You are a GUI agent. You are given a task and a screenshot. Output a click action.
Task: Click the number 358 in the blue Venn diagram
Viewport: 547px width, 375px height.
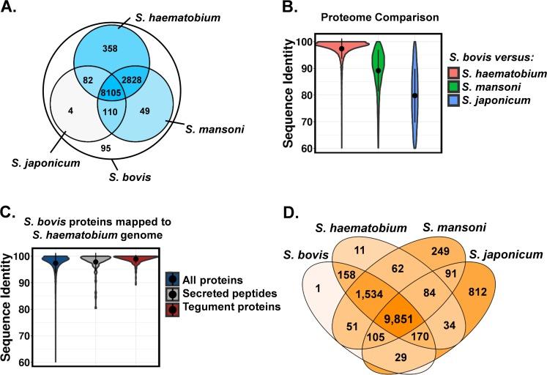pos(110,48)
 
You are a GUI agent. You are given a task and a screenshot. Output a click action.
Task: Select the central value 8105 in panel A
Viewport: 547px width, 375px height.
pos(111,93)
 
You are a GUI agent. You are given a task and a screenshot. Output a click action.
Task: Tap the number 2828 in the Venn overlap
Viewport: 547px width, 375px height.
pos(132,80)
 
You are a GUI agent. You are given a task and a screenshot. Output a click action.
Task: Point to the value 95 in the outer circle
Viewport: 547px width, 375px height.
pos(105,149)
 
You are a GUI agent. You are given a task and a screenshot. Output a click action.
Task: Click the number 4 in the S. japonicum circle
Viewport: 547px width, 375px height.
pos(71,111)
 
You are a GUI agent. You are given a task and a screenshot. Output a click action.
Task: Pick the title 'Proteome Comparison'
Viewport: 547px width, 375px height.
pos(380,17)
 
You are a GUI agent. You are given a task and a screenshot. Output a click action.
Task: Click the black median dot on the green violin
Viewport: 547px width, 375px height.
pos(378,70)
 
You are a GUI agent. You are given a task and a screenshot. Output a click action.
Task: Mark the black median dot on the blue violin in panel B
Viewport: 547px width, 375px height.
pos(414,96)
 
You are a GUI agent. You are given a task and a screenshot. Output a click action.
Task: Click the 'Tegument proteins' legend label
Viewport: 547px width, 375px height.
pos(231,307)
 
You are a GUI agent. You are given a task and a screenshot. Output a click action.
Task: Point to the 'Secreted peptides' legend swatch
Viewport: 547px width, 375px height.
pos(172,294)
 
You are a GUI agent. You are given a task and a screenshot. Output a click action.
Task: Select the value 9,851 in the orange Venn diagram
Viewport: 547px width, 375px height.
pos(398,319)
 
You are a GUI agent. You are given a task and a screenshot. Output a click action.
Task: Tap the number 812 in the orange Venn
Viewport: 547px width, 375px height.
pos(477,292)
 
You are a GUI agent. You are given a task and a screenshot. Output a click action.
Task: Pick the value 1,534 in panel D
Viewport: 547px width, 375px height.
pos(368,294)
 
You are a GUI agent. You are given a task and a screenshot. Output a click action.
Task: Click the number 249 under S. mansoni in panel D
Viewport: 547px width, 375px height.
pos(441,250)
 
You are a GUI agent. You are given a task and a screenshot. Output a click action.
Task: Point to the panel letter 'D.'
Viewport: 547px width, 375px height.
pos(291,213)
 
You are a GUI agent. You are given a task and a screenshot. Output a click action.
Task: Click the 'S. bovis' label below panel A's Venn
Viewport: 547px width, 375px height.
pos(130,177)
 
